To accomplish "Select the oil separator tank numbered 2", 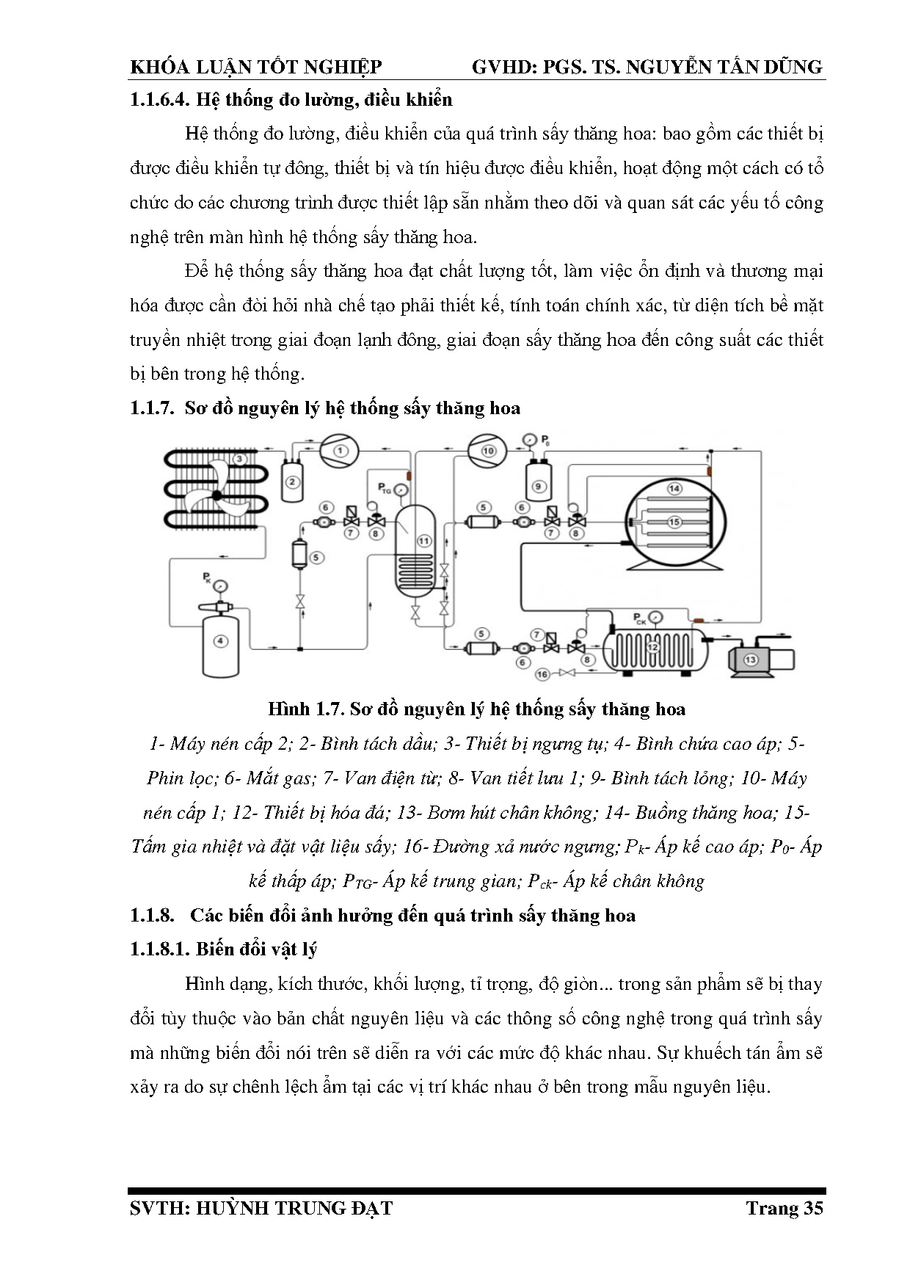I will click(292, 482).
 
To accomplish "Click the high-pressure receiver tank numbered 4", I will click(220, 641).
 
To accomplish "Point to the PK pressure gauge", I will click(220, 585).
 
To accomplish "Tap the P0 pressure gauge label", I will click(545, 441).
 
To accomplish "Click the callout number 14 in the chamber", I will click(674, 488).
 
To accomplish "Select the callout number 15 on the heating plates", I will click(674, 521).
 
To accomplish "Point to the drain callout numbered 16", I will click(542, 673).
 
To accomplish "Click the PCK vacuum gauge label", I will click(638, 616).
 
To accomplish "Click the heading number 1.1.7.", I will click(152, 408).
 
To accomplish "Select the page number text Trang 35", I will click(784, 1208).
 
